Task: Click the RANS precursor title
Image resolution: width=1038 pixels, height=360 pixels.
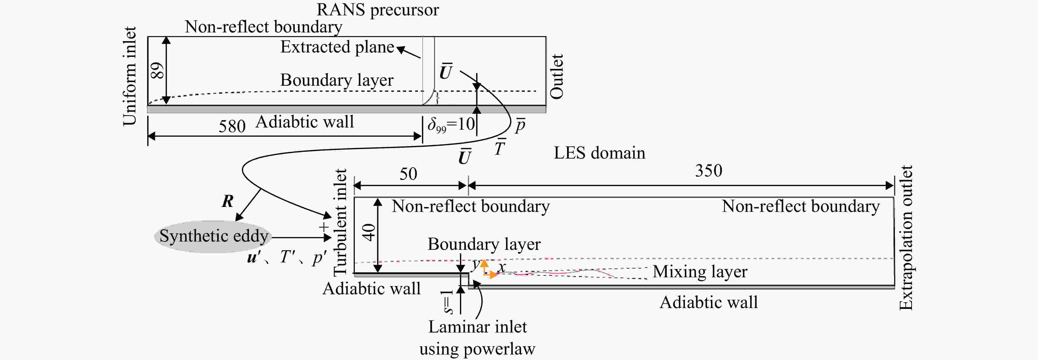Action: point(378,10)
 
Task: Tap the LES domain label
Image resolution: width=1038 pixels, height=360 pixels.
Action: point(599,153)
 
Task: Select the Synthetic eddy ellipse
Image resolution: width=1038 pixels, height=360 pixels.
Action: point(213,236)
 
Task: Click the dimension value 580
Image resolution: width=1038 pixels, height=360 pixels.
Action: point(232,126)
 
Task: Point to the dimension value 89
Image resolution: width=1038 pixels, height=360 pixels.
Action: point(157,71)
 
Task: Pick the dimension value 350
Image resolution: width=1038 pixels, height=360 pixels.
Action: point(708,171)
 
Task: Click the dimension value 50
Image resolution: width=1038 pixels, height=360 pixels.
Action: point(408,174)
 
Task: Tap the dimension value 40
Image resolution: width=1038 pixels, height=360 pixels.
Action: point(368,232)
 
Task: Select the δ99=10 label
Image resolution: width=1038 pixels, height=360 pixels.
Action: point(451,124)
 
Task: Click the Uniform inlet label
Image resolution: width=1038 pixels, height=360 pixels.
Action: point(130,76)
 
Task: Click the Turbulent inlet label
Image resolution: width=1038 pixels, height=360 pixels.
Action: point(340,221)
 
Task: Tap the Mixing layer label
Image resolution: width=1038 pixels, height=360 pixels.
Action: point(700,272)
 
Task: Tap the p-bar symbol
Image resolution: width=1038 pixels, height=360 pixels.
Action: point(520,125)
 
